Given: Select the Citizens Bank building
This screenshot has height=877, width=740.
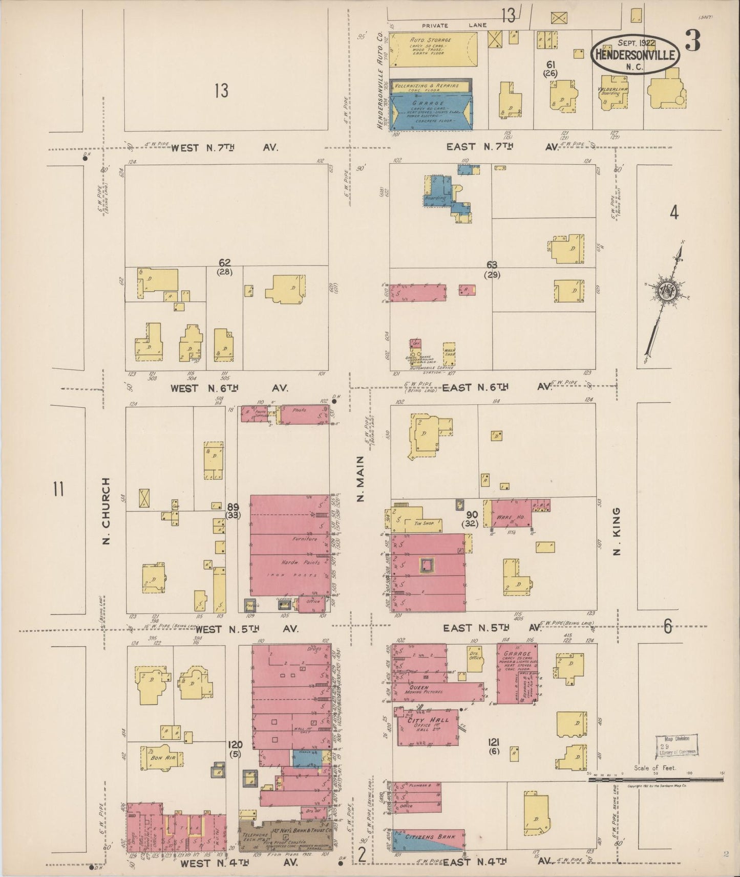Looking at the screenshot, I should (x=428, y=838).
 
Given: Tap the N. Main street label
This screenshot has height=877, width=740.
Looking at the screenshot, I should (x=360, y=479).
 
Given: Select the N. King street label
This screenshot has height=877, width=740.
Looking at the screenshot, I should (x=617, y=531).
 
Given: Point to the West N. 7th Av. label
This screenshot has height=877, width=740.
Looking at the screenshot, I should (x=224, y=148).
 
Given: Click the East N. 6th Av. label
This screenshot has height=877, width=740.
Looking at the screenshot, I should (x=495, y=387).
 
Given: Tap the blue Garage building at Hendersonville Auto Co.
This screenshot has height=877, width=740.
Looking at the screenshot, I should (x=431, y=111).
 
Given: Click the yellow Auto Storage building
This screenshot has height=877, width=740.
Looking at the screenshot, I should (x=433, y=49).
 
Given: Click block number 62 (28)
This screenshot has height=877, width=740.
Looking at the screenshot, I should (x=224, y=267).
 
